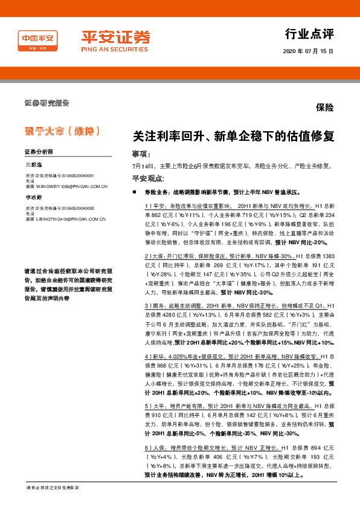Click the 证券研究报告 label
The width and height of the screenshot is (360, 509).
coord(47,102)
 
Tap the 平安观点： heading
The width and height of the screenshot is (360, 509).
coord(148,178)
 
